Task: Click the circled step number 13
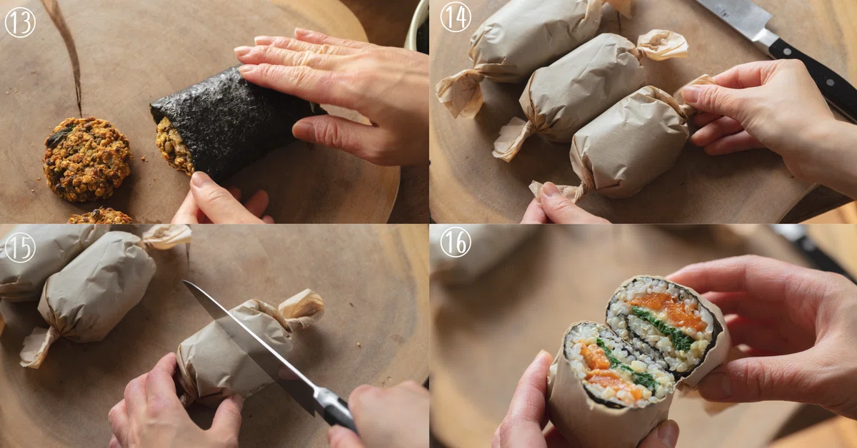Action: click(x=20, y=22)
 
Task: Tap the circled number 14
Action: click(x=456, y=18)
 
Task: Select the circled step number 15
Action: click(x=20, y=248)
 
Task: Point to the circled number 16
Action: click(x=456, y=242)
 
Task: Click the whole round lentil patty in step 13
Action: click(x=87, y=159)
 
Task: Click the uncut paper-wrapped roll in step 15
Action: click(x=96, y=290)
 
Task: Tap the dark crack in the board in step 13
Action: click(x=68, y=54)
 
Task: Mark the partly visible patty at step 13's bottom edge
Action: click(x=100, y=216)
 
